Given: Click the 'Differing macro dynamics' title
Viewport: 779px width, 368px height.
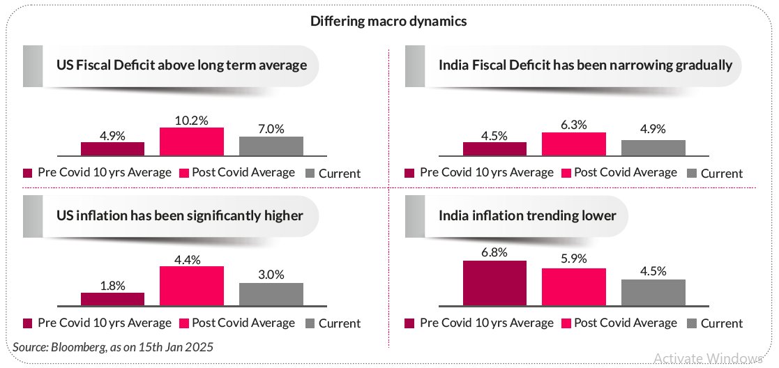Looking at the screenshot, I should (x=388, y=21).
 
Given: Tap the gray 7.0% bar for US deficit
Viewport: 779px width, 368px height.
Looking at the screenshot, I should (x=271, y=146).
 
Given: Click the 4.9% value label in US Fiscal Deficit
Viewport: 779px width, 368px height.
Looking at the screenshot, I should (x=112, y=135).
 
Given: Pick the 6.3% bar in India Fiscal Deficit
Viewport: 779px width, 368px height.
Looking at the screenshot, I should (x=574, y=144).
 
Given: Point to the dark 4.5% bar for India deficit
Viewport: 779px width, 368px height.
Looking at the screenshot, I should (x=494, y=148).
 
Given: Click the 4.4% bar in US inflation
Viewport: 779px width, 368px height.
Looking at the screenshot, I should (x=192, y=286).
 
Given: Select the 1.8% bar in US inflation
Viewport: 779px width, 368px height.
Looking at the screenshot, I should (x=112, y=299).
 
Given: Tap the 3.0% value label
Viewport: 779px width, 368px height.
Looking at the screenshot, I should (x=271, y=275).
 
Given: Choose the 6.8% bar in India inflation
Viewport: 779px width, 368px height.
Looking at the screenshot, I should (x=494, y=283).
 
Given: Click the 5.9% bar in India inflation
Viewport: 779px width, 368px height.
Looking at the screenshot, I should (x=574, y=286).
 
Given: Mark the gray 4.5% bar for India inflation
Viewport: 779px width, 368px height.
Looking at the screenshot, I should (x=653, y=292).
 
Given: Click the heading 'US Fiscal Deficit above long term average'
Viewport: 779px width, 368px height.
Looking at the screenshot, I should (x=181, y=66).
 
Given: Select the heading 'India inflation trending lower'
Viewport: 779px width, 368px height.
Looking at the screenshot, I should (x=527, y=215).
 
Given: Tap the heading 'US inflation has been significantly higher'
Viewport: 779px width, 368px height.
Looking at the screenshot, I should (x=179, y=215).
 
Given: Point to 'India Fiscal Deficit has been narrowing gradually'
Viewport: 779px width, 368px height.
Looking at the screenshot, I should (x=585, y=66).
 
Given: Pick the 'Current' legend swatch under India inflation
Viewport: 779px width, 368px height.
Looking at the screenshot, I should (x=692, y=323).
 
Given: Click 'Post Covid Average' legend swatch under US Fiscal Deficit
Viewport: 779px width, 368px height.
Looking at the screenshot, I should (x=184, y=173).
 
